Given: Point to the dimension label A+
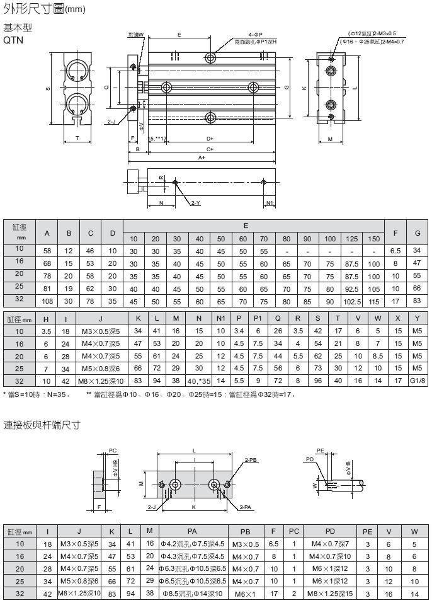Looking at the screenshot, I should [202, 158].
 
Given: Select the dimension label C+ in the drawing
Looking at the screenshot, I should [210, 149].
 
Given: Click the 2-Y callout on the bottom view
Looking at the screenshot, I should [195, 204].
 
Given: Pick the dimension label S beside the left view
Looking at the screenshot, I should [49, 88].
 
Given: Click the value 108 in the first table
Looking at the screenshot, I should [47, 301].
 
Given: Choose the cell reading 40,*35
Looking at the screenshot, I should [198, 381].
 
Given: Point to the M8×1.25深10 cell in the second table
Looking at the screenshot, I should [100, 381].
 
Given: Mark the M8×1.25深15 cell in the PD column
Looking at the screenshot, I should [331, 594].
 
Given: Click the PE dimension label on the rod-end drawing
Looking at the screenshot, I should [321, 451].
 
